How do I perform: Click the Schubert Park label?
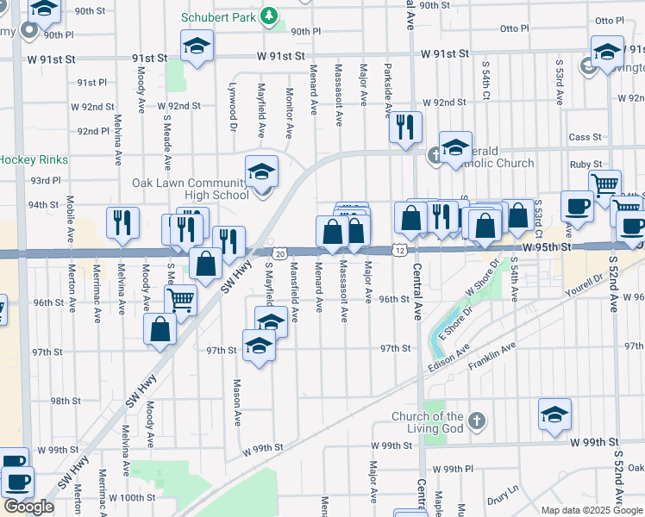220,17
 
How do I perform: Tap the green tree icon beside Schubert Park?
270,16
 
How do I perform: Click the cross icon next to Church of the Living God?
476,422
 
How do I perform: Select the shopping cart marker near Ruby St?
605,184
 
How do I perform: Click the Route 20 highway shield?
280,252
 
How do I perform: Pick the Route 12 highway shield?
399,250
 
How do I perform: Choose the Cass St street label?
584,137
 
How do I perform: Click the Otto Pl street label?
609,21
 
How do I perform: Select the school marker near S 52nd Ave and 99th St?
554,414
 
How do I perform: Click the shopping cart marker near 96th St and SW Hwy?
180,299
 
